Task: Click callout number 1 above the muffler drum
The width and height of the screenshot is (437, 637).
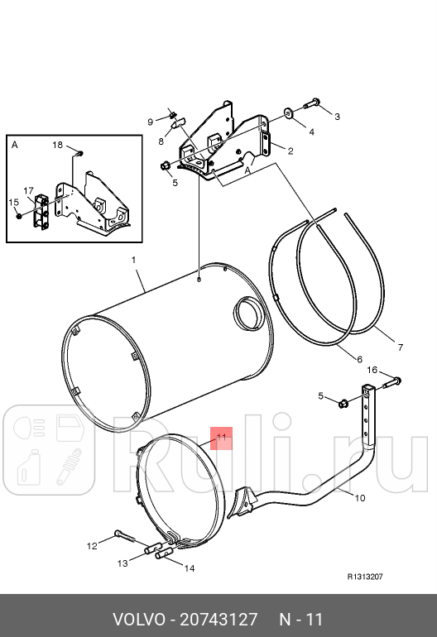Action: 133,260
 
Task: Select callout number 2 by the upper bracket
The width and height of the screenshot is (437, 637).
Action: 291,150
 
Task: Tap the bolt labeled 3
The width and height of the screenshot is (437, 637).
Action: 312,103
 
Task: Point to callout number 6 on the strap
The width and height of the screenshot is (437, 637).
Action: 359,359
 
